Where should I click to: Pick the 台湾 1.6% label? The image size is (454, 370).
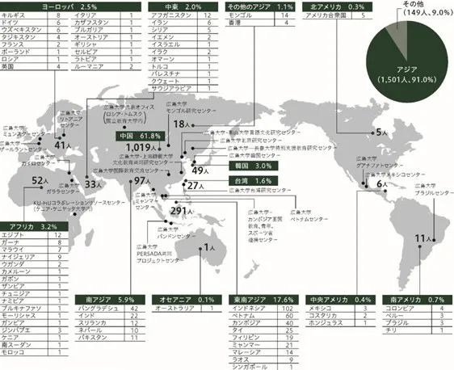(247, 180)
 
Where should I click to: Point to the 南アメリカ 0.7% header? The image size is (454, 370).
(416, 298)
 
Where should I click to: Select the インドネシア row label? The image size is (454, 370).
(250, 309)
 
